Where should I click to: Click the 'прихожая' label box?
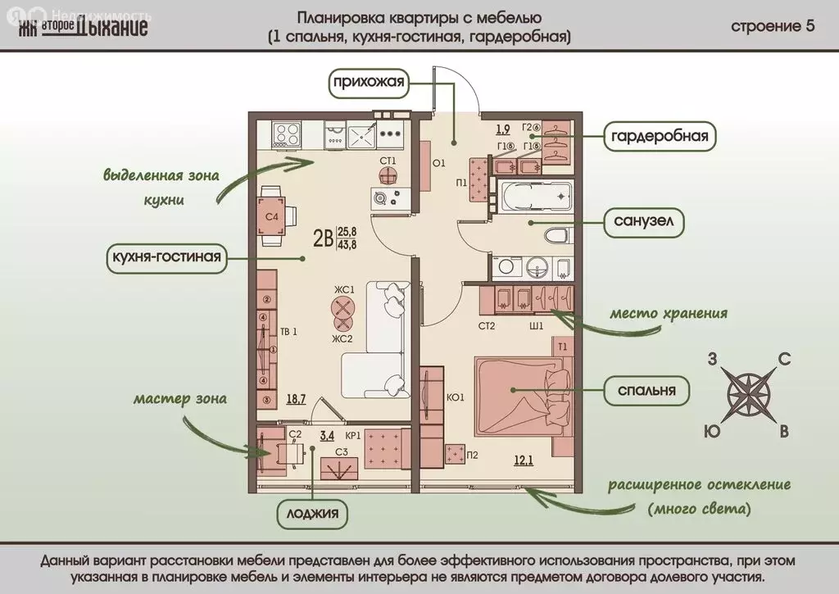369,82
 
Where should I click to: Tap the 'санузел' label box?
643,221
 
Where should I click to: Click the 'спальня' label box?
643,391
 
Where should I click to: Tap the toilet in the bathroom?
557,237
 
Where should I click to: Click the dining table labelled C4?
271,216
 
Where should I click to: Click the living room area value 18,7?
297,400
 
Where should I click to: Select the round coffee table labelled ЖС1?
342,307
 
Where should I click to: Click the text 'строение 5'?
773,25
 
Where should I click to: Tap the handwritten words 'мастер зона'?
180,399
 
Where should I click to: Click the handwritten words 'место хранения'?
668,314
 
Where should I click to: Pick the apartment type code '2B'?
323,238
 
